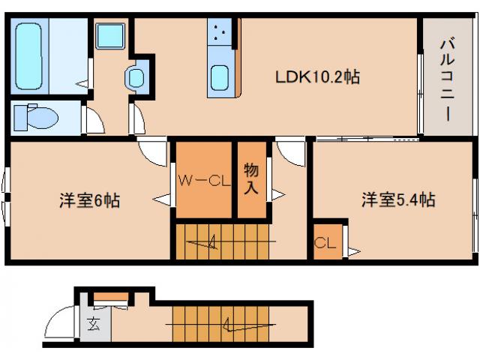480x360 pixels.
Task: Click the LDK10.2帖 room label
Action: (317, 77)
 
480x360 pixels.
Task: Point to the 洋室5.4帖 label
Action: (398, 200)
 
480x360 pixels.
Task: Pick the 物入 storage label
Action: (252, 180)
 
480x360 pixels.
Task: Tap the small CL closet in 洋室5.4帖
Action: (325, 242)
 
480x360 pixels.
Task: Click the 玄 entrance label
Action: (94, 325)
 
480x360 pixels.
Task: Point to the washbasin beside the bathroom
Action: (136, 77)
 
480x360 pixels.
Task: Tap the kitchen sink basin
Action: (220, 77)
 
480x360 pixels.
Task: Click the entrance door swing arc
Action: (60, 324)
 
